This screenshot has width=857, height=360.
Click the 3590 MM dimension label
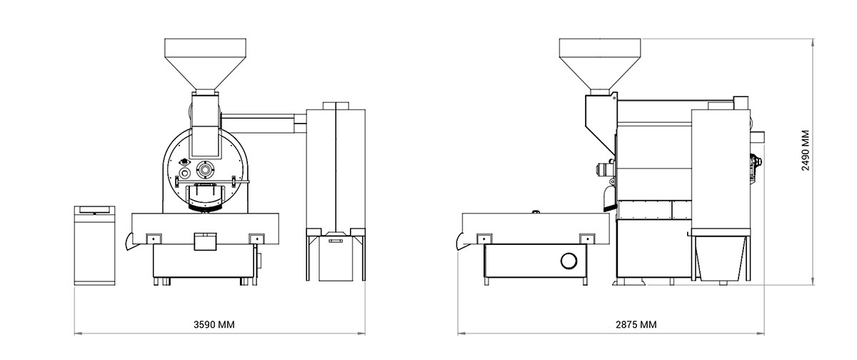214,324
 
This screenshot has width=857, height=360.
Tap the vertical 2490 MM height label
806,149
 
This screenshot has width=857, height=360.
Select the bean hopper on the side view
598,60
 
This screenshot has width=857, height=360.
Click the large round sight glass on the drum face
206,170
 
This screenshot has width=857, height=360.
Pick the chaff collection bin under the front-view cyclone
336,259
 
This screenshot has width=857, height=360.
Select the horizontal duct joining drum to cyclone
264,121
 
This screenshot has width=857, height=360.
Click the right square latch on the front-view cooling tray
255,239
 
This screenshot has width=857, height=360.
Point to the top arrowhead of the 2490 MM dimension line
816,41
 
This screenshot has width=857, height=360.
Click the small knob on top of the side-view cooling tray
534,211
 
